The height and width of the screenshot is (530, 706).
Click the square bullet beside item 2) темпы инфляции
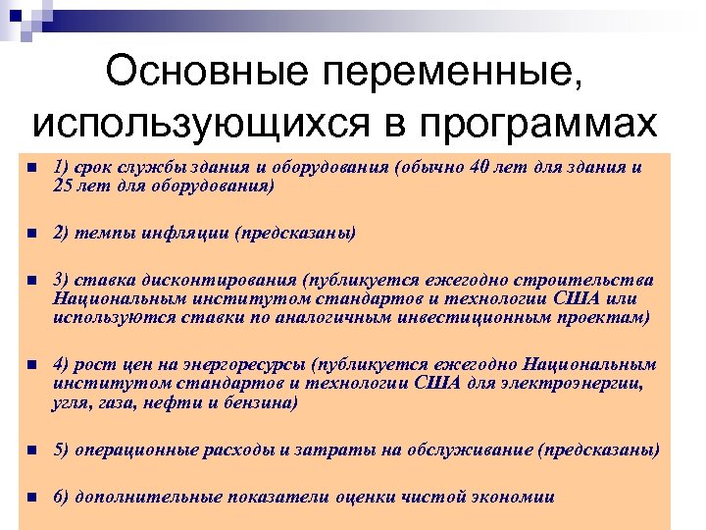pos(31,234)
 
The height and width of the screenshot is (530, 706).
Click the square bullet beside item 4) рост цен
pos(31,366)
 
